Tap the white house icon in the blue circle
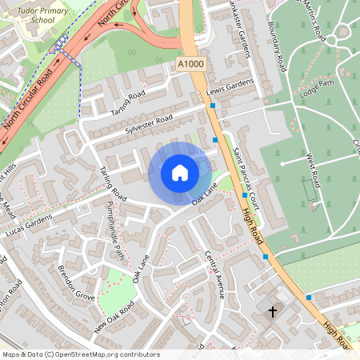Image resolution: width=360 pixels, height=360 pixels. [180, 173]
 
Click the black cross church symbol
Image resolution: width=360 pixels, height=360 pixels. [272, 311]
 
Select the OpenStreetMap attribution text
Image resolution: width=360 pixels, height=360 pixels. [80, 354]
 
